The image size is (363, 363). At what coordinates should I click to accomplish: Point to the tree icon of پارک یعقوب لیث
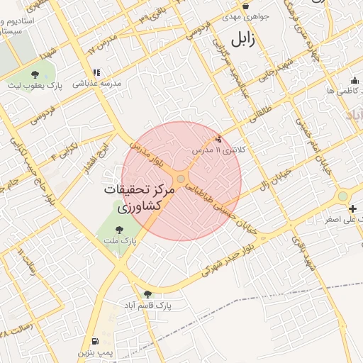(x=35, y=74)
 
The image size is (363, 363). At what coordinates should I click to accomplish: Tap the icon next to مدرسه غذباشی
(x=96, y=72)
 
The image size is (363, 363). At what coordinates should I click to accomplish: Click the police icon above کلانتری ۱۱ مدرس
(x=217, y=140)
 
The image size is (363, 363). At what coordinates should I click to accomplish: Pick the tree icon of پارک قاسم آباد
(x=147, y=294)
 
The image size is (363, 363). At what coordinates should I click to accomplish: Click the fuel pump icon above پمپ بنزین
(x=95, y=340)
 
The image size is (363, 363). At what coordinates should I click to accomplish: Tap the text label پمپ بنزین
(x=95, y=352)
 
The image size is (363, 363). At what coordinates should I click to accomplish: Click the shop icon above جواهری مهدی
(x=245, y=6)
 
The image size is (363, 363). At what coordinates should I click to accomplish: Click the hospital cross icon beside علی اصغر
(x=352, y=209)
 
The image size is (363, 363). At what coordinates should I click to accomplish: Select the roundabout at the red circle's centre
(x=181, y=180)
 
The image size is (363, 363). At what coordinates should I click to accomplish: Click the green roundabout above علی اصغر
(x=343, y=195)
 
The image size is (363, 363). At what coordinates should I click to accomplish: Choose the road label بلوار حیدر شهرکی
(x=230, y=260)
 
